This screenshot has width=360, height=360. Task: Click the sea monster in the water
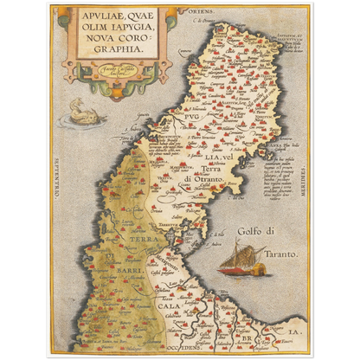(87, 112)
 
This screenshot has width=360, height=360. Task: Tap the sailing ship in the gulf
(241, 259)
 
